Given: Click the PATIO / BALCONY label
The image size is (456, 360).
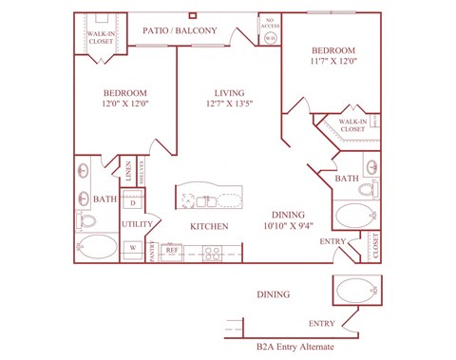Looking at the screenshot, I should click(x=180, y=30).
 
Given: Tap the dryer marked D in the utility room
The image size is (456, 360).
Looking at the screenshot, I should click(x=133, y=203).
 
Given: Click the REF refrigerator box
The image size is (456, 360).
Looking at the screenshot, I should click(x=172, y=250).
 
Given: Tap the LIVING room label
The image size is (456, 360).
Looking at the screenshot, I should click(x=220, y=92).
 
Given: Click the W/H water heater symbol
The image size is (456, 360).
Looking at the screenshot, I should click(x=270, y=39).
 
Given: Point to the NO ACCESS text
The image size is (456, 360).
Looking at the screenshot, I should click(x=270, y=23).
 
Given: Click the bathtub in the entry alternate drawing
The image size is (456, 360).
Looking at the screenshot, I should click(x=356, y=288).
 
